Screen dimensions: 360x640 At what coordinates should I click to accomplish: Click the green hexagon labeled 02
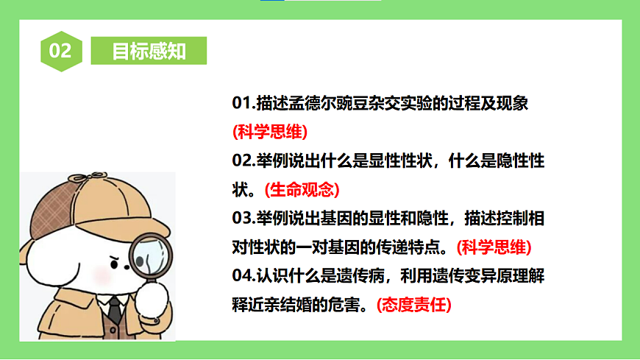(60, 51)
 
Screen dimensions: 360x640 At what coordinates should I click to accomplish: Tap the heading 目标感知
(149, 52)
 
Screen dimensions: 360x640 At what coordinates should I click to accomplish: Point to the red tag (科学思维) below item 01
(270, 133)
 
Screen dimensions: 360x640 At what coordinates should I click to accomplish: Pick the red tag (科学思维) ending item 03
(494, 247)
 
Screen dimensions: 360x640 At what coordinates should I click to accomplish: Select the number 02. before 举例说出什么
(243, 161)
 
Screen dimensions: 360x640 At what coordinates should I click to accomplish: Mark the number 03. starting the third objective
(243, 219)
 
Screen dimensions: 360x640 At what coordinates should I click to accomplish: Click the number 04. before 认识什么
(243, 276)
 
